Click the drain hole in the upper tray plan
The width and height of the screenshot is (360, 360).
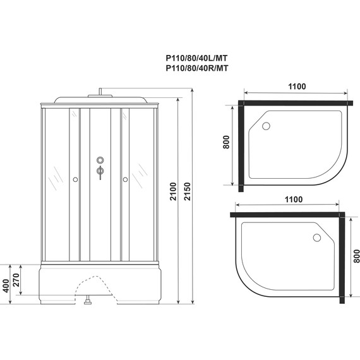265,126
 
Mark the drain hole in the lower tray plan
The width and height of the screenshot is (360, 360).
316,238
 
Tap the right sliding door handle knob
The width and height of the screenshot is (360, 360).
125,180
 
